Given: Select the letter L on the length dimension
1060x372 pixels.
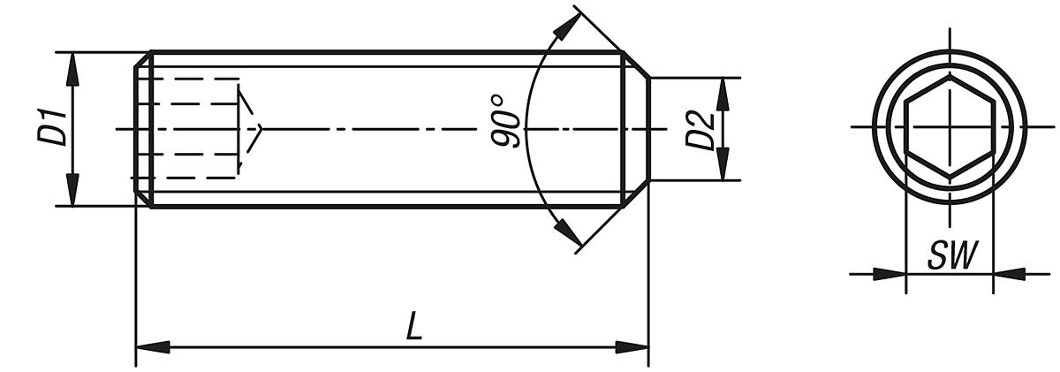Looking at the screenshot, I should click(413, 328).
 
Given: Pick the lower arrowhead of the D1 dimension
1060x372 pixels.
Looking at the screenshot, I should click(72, 192).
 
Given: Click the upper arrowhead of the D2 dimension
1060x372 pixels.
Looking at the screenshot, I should click(723, 92).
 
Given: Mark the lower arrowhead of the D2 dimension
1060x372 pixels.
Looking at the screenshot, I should click(723, 167).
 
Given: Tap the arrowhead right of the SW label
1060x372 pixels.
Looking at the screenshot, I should click(1009, 274).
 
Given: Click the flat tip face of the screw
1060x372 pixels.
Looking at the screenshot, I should click(649, 130).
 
